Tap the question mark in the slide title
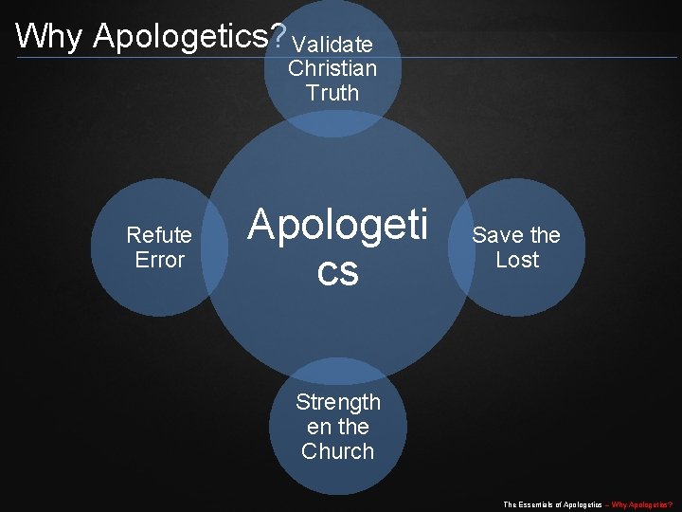pyautogui.click(x=278, y=36)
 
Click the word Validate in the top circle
pyautogui.click(x=332, y=45)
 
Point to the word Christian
pyautogui.click(x=332, y=68)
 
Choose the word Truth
pyautogui.click(x=332, y=93)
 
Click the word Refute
pyautogui.click(x=159, y=235)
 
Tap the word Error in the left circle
pyautogui.click(x=159, y=260)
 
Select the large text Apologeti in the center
pyautogui.click(x=338, y=226)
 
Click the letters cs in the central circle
pyautogui.click(x=338, y=272)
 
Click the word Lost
pyautogui.click(x=517, y=260)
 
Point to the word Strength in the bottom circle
pyautogui.click(x=338, y=402)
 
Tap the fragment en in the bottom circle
pyautogui.click(x=319, y=427)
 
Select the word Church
pyautogui.click(x=338, y=451)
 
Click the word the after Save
pyautogui.click(x=545, y=235)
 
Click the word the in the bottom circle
pyautogui.click(x=353, y=427)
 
